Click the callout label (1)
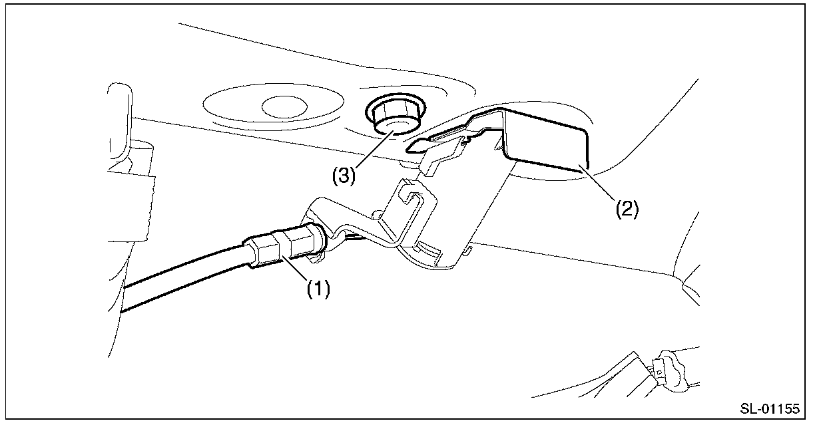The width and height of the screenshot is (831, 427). (x=318, y=291)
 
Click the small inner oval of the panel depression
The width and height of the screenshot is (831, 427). (x=282, y=104)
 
